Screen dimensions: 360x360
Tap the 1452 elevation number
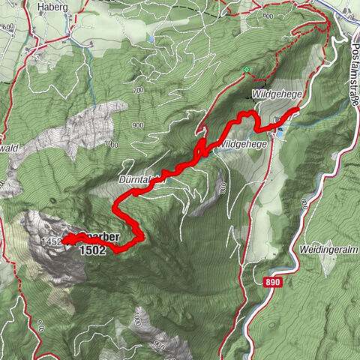[52, 241]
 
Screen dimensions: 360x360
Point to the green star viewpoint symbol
[245, 70]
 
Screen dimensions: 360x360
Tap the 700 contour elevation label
[136, 90]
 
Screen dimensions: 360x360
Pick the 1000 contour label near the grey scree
[112, 143]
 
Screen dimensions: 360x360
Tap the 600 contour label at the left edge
[8, 28]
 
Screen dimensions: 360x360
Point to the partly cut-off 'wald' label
[8, 148]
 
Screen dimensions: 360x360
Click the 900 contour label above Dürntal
[137, 125]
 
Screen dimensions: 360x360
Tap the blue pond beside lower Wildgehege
[280, 132]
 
